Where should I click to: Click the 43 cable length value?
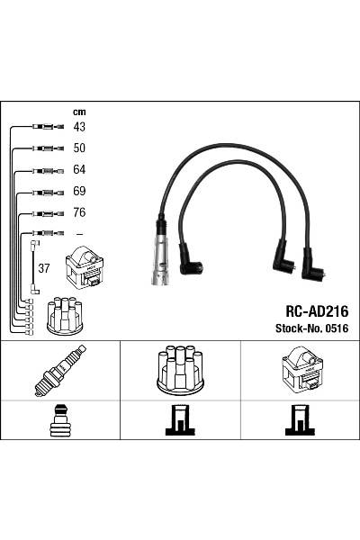[x=78, y=127]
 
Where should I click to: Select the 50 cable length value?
[x=78, y=148]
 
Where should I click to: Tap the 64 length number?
[x=78, y=170]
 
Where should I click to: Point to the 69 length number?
[x=78, y=192]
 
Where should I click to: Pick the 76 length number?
[x=78, y=213]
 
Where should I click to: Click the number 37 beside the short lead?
[x=43, y=267]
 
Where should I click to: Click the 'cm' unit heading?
[x=78, y=112]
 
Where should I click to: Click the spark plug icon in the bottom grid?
[x=59, y=370]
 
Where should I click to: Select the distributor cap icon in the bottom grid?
[x=179, y=369]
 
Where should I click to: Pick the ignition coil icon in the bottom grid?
[x=299, y=370]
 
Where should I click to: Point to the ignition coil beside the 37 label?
[x=85, y=267]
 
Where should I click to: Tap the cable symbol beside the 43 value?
[x=46, y=127]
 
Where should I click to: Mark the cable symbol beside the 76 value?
[x=46, y=213]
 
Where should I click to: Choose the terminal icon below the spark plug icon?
[x=59, y=420]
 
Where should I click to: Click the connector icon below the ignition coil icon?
[x=299, y=420]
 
